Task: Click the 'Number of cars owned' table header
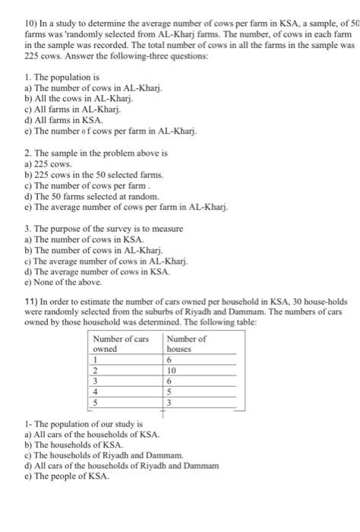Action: pos(121,322)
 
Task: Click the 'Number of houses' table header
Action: pos(186,322)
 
